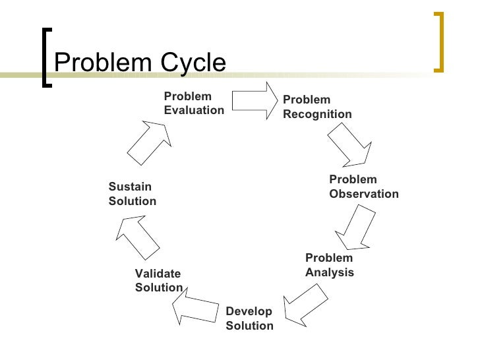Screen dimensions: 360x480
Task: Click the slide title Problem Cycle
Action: click(140, 63)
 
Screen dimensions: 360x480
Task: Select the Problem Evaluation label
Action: click(194, 104)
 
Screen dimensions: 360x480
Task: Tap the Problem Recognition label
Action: click(317, 107)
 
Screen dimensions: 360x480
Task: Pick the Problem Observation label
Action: click(363, 187)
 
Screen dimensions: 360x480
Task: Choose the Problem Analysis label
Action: click(329, 265)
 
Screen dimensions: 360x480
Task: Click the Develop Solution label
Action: click(249, 318)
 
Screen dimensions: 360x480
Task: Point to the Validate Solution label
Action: click(158, 280)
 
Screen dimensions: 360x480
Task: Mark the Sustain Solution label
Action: click(132, 194)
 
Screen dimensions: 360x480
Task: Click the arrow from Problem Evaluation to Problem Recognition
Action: click(253, 100)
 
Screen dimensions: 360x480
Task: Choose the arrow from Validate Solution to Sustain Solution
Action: click(138, 238)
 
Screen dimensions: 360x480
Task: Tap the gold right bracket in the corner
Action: click(439, 41)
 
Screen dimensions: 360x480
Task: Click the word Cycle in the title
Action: click(191, 63)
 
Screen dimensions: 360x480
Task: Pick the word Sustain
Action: click(130, 187)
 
